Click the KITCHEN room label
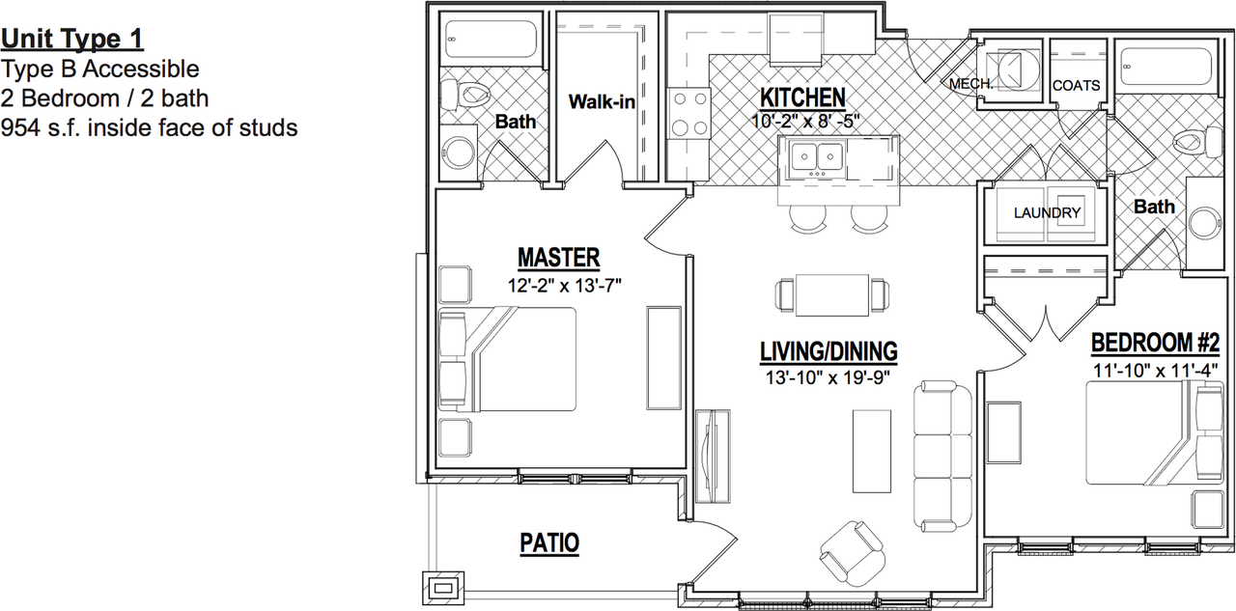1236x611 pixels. (802, 97)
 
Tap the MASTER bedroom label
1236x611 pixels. (558, 258)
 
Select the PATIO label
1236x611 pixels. (549, 543)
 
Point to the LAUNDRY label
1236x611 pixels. (1047, 213)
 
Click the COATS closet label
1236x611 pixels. (1076, 86)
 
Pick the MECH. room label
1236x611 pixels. (970, 84)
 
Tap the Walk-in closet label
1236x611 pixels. (602, 102)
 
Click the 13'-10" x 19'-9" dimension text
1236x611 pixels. (828, 377)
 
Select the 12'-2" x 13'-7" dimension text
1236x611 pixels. (565, 286)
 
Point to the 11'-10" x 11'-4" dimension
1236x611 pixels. (1156, 370)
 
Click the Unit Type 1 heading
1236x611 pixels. (72, 39)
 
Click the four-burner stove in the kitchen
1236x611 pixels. (688, 113)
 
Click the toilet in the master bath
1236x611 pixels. (466, 95)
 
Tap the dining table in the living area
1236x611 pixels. (832, 295)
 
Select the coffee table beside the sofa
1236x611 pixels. (872, 451)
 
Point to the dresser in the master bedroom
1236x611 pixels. (663, 358)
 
